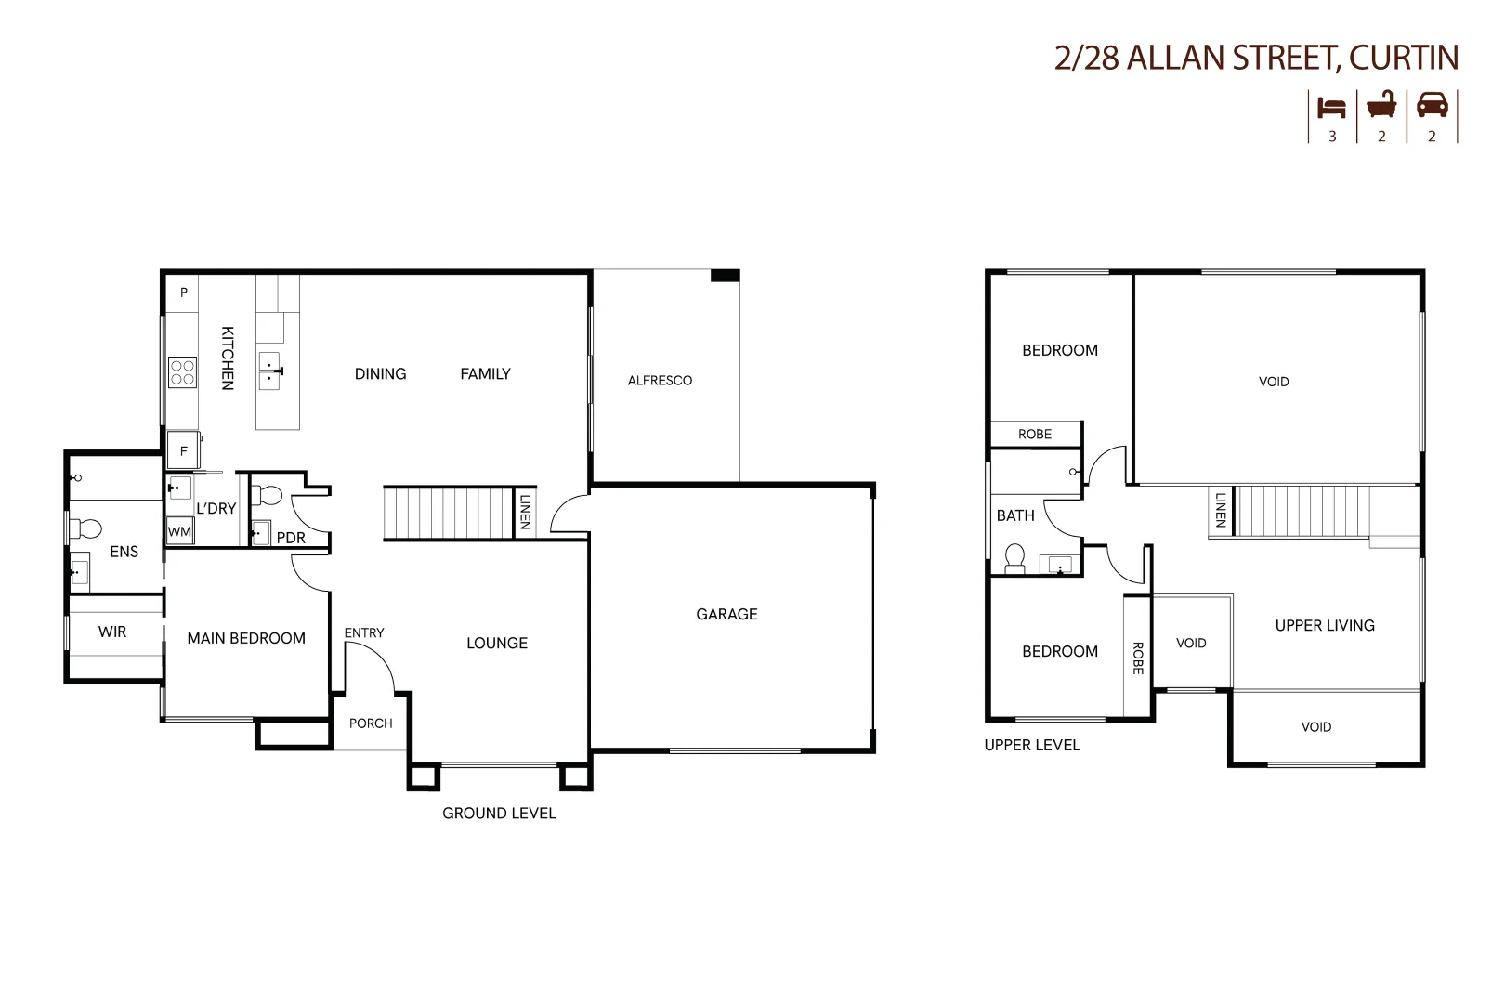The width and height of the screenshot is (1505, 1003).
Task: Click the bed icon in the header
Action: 1331,108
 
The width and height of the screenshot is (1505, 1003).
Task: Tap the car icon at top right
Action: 1432,105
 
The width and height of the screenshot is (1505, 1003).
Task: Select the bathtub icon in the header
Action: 1381,105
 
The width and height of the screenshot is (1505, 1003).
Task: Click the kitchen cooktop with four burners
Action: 182,372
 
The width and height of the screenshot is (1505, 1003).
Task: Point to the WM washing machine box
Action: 179,532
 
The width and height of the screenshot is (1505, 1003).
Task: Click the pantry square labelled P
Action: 183,293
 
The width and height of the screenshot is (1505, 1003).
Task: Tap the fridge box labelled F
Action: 183,450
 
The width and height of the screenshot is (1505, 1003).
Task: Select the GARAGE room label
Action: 726,614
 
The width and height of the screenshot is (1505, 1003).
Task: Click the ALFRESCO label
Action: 660,380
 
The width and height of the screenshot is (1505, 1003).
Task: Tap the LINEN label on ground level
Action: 525,512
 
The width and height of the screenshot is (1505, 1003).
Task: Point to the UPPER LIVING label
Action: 1324,625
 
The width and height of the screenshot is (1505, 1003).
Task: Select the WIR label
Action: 112,632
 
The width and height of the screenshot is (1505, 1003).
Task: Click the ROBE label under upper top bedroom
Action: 1034,434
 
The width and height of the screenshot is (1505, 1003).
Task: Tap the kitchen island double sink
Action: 269,371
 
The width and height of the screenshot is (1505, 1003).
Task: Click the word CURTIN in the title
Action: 1403,58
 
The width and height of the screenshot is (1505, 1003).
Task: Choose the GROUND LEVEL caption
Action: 499,813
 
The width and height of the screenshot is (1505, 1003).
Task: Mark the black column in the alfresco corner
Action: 725,276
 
